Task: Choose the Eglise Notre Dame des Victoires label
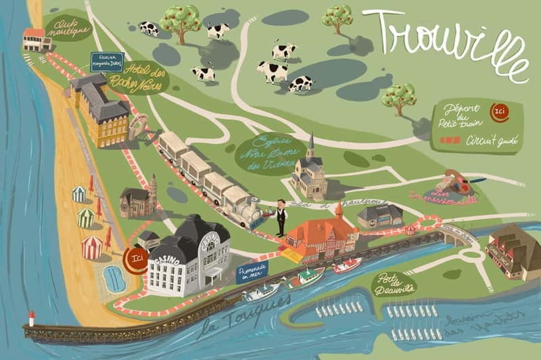click(267, 153)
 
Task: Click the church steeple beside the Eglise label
click(310, 148)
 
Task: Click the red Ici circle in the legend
click(499, 110)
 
